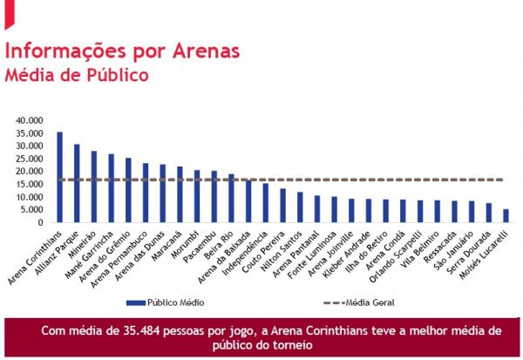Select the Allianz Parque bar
[x=77, y=184]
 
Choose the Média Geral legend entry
[x=367, y=304]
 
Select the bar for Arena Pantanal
[x=316, y=209]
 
